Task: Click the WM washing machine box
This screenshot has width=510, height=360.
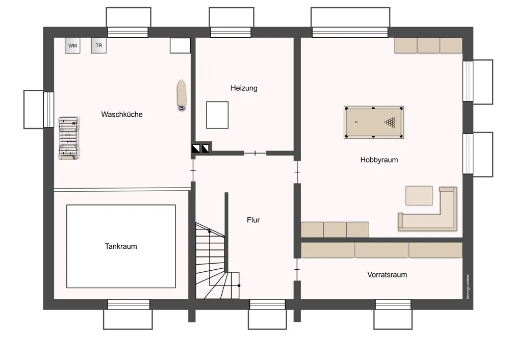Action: pos(72,45)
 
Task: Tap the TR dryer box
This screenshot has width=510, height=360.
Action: pos(99,45)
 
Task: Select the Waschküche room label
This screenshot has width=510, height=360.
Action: pos(122,114)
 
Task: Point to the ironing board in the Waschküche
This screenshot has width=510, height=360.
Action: pos(182,95)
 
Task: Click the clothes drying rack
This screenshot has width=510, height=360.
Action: pos(69,139)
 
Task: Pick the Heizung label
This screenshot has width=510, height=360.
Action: pos(244,88)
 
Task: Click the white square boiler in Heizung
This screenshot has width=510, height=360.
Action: pos(217,115)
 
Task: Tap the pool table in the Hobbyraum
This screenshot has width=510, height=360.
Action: pos(374,122)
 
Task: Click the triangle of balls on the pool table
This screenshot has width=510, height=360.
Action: pos(390,122)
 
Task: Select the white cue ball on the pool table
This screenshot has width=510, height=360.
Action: pos(356,122)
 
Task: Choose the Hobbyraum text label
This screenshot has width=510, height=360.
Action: pos(379,160)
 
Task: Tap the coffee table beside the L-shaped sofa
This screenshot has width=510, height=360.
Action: pos(419,195)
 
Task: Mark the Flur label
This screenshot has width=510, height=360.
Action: pos(253,220)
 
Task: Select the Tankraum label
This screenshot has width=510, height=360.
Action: pos(121,246)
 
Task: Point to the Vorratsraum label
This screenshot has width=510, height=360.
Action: pos(387,275)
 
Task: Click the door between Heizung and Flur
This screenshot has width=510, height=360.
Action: pos(255,153)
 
